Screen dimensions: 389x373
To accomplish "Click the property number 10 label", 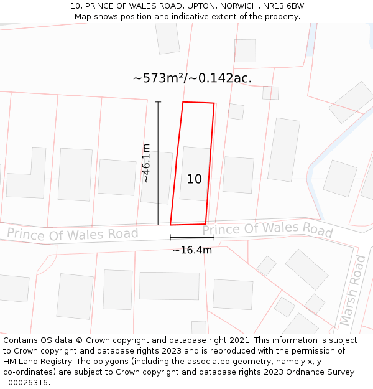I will click(195, 179).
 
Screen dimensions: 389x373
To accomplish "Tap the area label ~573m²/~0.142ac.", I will click(192, 78).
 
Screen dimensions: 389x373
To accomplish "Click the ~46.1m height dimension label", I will click(146, 163).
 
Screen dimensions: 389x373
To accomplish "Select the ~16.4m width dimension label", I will click(192, 250).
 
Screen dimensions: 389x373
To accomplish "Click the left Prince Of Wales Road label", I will click(73, 234).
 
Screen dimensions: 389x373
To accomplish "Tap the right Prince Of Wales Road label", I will click(267, 230).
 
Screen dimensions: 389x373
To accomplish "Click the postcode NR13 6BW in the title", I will click(283, 6).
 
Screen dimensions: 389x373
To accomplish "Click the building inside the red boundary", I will click(195, 173).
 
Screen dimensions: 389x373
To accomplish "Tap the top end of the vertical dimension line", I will click(158, 102).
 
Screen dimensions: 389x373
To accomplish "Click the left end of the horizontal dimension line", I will click(170, 237).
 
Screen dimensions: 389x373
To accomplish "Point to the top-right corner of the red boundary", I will click(214, 103).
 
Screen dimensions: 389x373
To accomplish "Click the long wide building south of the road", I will click(169, 286).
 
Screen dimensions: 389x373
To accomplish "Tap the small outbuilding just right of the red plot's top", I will click(236, 111).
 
